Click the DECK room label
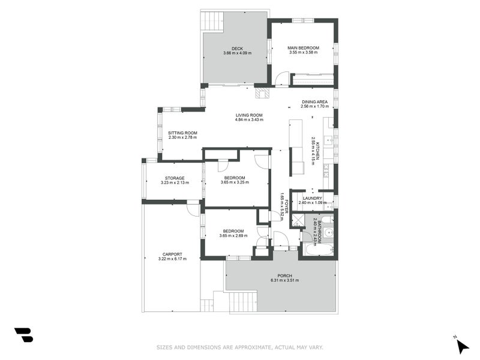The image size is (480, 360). [237, 49]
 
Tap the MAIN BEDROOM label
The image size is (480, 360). [303, 48]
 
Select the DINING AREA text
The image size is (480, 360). [314, 102]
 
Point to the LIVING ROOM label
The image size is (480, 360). [249, 115]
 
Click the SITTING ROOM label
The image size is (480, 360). [182, 133]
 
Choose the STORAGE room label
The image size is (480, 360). [175, 178]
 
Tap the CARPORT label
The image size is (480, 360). [172, 254]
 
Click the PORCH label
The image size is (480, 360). [284, 275]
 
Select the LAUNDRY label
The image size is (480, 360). [312, 199]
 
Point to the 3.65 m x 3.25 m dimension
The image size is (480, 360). [235, 182]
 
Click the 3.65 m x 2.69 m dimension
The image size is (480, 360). [233, 236]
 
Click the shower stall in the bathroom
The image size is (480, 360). [298, 221]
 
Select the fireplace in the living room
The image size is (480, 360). [263, 93]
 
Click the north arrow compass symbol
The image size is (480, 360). [462, 346]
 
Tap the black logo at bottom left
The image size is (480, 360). [24, 335]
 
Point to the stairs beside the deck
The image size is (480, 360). [212, 20]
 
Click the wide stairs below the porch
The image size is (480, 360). [243, 302]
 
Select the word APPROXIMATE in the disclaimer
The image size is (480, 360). [253, 347]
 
